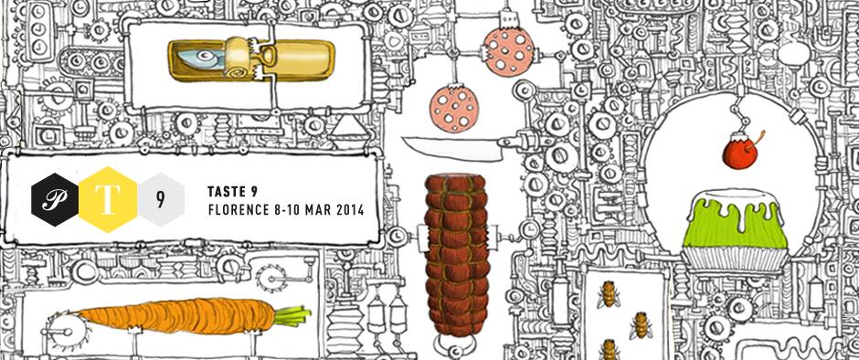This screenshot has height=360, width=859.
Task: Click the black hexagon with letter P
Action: (x=57, y=199)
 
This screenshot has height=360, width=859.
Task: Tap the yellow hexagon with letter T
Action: (x=108, y=199)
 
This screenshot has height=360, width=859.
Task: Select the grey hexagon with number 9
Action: (x=161, y=199)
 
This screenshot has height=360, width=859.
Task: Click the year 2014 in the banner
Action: (x=349, y=210)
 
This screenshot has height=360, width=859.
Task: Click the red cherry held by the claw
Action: (x=739, y=154)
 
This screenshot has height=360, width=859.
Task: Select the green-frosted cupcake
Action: (x=736, y=230)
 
